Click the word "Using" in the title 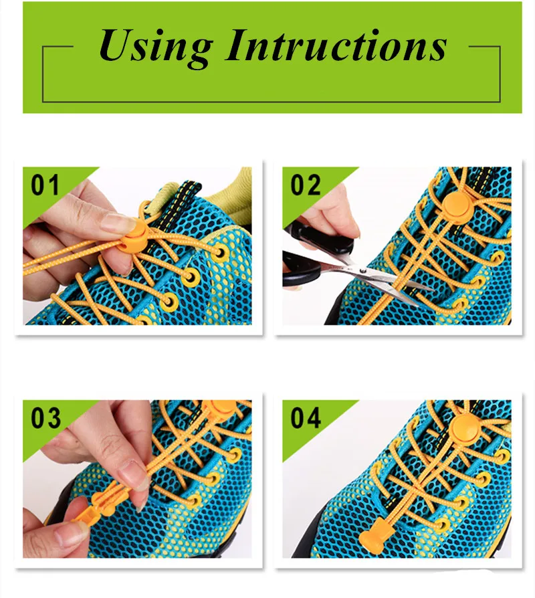point(156,47)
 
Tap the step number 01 point(45,185)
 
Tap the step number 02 point(306,185)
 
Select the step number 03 point(45,417)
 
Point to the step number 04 point(306,417)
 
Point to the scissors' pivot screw point(362,271)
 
